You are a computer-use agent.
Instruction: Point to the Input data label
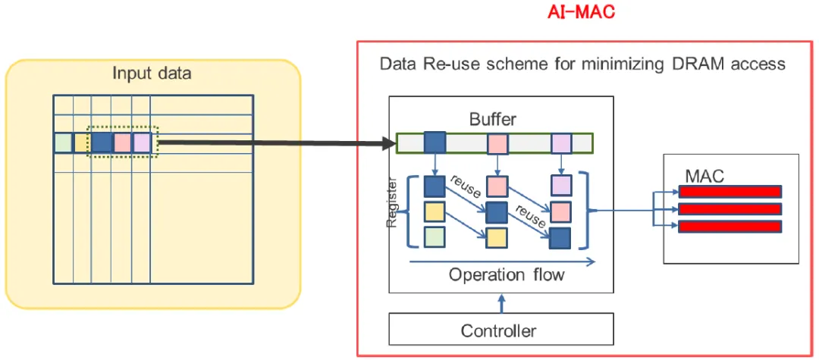click(x=152, y=74)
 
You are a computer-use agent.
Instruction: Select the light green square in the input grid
click(x=63, y=142)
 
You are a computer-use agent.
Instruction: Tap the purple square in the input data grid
click(x=142, y=142)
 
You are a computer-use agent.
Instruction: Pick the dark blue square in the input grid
click(x=102, y=142)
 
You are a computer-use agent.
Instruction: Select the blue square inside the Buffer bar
click(x=435, y=142)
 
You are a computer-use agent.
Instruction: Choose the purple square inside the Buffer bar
click(x=561, y=142)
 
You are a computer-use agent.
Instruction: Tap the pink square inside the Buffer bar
click(x=497, y=142)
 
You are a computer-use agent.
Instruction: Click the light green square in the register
click(x=435, y=237)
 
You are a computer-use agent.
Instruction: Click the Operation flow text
click(x=507, y=274)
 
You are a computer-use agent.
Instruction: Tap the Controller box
click(x=499, y=330)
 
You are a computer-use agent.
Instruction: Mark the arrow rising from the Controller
click(x=500, y=303)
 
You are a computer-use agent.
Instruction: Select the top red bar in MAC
click(x=729, y=191)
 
